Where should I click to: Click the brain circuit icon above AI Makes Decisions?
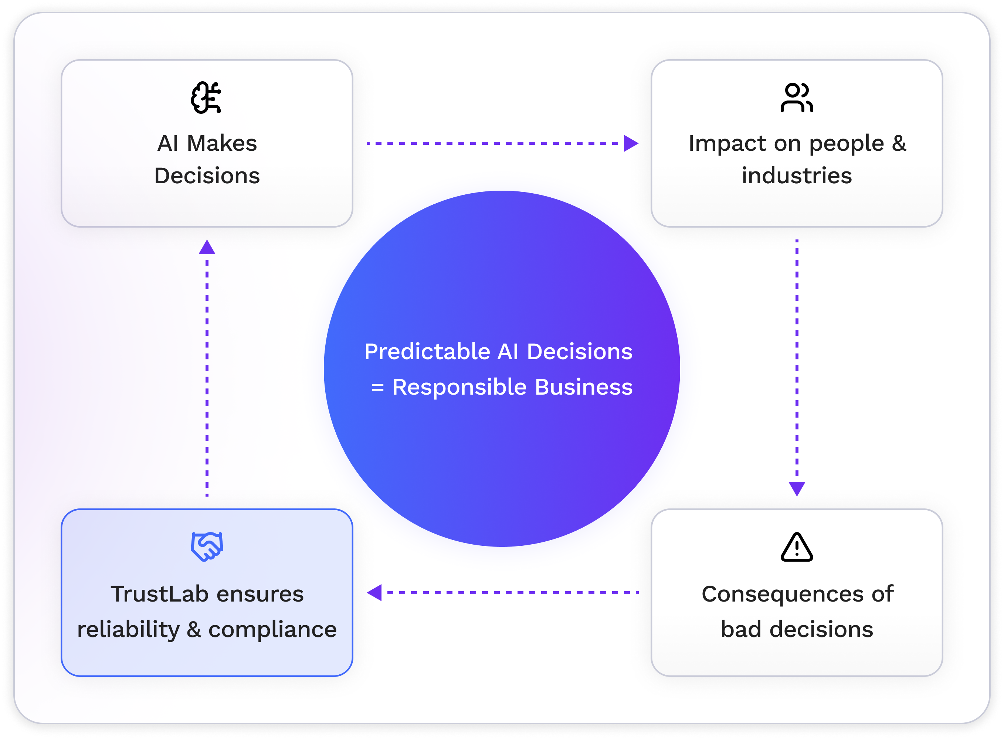tap(206, 98)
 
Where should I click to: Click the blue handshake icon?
tap(207, 546)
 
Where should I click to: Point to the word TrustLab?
tap(159, 594)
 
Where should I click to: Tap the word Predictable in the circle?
tap(427, 352)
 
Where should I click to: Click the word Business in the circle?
tap(583, 387)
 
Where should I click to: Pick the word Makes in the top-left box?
tap(222, 144)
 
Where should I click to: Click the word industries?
tap(797, 176)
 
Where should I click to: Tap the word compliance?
tap(272, 629)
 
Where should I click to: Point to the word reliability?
tap(128, 629)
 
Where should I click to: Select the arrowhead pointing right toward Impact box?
tap(630, 144)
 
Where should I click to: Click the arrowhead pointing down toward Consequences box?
tap(797, 488)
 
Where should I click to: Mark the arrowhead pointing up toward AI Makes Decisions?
tap(207, 247)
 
